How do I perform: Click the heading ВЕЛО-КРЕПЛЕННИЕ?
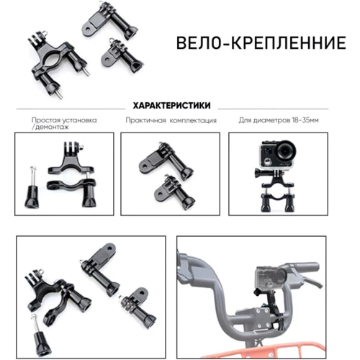261,43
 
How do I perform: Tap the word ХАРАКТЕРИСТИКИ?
172,105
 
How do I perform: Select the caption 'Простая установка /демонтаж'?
64,123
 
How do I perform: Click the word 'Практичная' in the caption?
145,120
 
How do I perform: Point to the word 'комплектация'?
193,120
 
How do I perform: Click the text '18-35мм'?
305,120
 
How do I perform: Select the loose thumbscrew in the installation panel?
32,188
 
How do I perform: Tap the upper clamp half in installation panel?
70,159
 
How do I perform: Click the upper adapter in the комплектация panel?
166,161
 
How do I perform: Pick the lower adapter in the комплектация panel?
175,192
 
